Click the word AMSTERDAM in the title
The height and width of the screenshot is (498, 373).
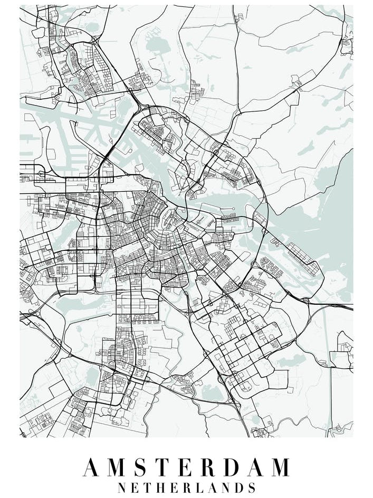pos(186,467)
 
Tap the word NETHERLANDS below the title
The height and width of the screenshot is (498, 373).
pos(186,487)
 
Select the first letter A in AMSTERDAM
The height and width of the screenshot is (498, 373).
pos(92,467)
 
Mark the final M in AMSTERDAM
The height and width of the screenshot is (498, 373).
pos(279,467)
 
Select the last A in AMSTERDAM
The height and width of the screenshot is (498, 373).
pos(254,467)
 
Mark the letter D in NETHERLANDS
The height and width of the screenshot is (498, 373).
pos(238,487)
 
